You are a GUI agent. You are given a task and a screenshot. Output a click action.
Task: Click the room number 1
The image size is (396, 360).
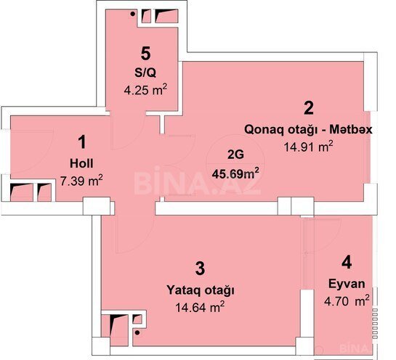(82, 142)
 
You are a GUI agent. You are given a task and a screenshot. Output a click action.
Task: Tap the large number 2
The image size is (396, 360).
(309, 108)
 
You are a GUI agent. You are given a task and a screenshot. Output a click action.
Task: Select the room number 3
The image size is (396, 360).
(200, 268)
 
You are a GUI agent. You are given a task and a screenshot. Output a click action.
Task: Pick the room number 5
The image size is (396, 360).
(146, 54)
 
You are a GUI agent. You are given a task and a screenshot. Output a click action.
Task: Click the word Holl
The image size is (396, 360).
(81, 163)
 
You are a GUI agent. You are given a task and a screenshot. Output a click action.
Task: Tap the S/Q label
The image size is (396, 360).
(145, 73)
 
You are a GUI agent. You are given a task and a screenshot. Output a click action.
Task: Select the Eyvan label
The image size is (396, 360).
(347, 285)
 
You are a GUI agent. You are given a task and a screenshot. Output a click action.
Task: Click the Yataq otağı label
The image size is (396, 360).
(201, 290)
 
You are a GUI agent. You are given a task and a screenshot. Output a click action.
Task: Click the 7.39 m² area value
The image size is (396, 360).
(81, 181)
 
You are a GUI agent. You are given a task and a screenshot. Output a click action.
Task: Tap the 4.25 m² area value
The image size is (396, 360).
(145, 89)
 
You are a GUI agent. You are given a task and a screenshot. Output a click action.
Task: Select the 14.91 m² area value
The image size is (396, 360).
(309, 147)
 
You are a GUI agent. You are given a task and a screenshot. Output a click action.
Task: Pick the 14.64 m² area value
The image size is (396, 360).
(200, 307)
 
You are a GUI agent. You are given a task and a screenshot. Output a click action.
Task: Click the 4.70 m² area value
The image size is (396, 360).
(347, 300)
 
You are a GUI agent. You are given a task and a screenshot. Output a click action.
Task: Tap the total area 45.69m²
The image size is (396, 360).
(235, 173)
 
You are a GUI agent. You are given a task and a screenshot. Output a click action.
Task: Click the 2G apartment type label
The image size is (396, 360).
(235, 155)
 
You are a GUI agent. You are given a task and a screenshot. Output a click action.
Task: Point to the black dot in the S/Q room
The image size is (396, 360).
(132, 14)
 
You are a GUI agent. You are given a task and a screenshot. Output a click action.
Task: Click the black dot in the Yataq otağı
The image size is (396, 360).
(137, 333)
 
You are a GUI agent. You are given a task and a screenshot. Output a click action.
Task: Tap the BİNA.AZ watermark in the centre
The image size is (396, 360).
(197, 180)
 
